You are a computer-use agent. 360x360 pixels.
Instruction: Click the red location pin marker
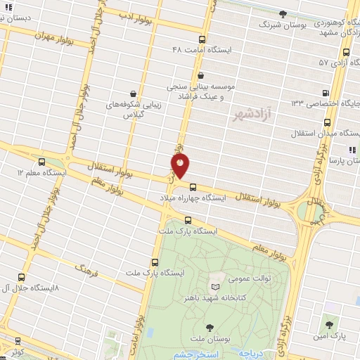click(x=180, y=166)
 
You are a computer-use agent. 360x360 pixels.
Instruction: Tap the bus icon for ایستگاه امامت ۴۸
click(x=202, y=40)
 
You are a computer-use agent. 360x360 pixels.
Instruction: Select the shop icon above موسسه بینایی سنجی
click(x=201, y=75)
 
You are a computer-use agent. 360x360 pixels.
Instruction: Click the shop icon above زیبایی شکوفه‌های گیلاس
click(x=134, y=93)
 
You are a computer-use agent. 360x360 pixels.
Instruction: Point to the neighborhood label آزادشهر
click(x=251, y=114)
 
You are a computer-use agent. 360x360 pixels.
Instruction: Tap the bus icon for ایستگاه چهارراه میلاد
click(x=193, y=186)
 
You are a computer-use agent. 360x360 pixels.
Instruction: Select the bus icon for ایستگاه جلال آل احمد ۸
click(x=21, y=277)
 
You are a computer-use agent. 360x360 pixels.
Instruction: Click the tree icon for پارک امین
click(x=329, y=324)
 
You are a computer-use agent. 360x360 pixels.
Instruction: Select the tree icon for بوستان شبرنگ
click(x=283, y=13)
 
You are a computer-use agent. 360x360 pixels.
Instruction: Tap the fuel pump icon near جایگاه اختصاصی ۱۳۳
click(x=325, y=93)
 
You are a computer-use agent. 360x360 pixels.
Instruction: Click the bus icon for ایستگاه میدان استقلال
click(x=297, y=122)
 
